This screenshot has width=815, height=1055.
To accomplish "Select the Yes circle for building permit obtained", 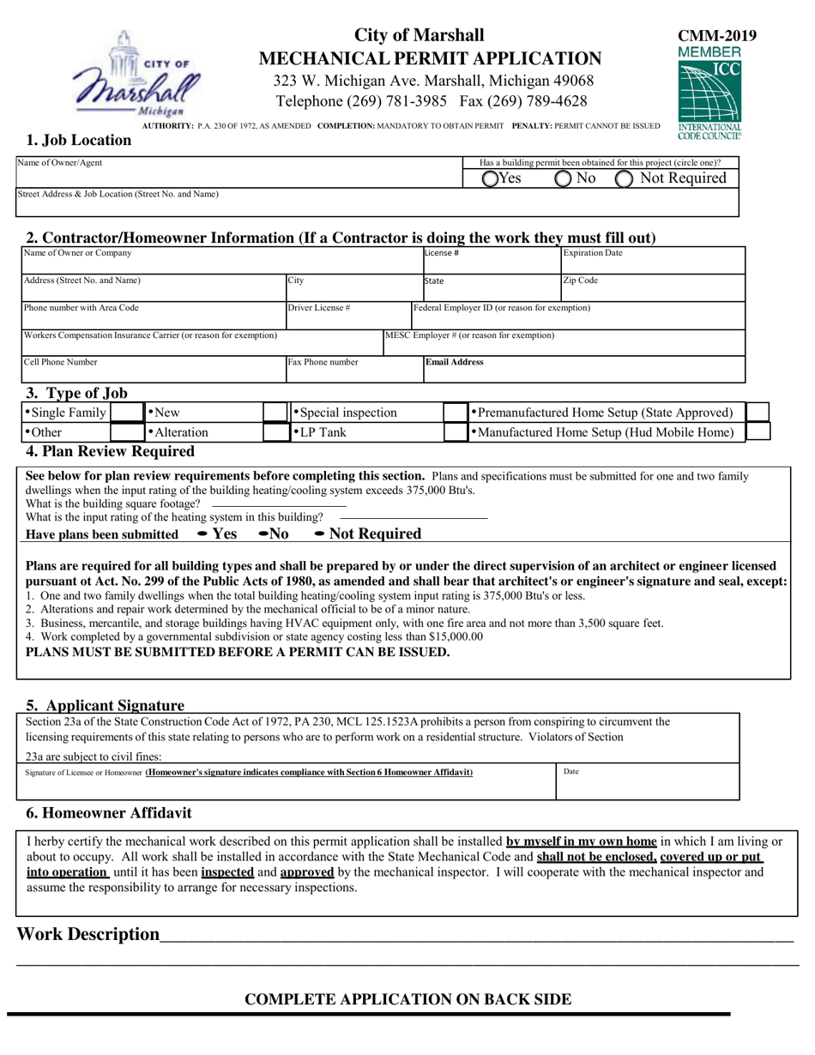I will click(x=491, y=178).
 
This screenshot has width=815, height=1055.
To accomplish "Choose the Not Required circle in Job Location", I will click(x=625, y=178).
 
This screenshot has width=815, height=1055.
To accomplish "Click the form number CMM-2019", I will click(x=717, y=36).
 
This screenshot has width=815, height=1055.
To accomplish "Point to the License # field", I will click(x=489, y=261).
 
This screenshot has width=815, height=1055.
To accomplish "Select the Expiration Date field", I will click(x=652, y=261).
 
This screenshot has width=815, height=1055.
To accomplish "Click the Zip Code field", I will click(x=652, y=288).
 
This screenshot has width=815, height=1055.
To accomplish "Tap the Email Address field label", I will click(x=455, y=362).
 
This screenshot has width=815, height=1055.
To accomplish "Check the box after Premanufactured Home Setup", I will click(x=758, y=412).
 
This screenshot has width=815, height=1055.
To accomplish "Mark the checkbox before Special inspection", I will click(x=275, y=412).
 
